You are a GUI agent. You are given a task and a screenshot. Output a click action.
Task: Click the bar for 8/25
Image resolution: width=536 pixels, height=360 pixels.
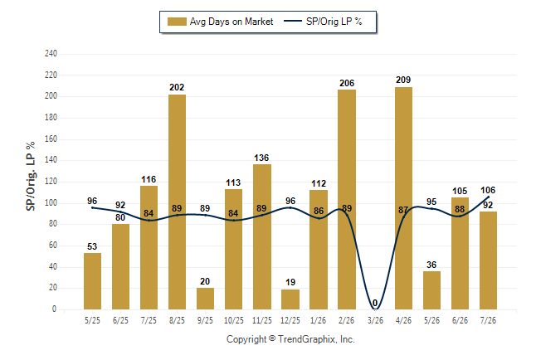point(177,202)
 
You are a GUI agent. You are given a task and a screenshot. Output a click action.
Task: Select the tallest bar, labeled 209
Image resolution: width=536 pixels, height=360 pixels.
point(403,198)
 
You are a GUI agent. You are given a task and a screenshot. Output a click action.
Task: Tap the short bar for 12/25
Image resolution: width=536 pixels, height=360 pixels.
point(290,299)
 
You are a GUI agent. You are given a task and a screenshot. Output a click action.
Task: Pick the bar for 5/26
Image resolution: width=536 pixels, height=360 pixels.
point(431,290)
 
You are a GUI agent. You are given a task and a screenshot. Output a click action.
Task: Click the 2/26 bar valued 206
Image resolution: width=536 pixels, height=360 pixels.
point(347,200)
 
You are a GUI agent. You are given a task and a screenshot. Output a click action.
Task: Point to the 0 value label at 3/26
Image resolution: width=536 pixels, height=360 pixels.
point(375,303)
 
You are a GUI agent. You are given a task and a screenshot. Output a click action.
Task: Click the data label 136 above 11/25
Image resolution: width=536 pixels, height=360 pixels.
point(261,158)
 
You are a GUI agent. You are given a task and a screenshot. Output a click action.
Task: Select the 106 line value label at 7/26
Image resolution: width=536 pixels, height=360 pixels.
point(488,190)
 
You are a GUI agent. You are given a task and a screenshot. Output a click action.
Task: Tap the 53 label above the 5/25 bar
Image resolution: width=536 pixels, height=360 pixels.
point(92,246)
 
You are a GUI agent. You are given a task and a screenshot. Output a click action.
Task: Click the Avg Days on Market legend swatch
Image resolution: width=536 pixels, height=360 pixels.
point(177,22)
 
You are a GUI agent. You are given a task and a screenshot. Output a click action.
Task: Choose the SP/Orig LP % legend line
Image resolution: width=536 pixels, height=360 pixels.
point(293,22)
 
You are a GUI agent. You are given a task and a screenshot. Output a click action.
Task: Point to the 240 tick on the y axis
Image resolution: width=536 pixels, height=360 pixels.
point(51,54)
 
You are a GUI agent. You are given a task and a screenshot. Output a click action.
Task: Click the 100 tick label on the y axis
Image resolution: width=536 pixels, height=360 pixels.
point(51,202)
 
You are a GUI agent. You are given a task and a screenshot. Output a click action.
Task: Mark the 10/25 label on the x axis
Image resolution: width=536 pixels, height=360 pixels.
point(234,320)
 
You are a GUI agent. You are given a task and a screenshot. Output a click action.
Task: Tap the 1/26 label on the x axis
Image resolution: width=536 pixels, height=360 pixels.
point(319,320)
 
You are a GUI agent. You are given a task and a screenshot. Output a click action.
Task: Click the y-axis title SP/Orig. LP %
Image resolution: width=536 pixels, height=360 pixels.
point(31,176)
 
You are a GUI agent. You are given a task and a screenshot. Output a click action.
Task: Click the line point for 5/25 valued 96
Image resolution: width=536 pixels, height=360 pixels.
point(92,207)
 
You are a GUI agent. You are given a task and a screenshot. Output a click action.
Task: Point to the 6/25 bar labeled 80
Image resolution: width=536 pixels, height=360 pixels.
point(120,266)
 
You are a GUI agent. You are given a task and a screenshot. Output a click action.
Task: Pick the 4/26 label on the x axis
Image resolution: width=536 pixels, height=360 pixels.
point(403,320)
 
